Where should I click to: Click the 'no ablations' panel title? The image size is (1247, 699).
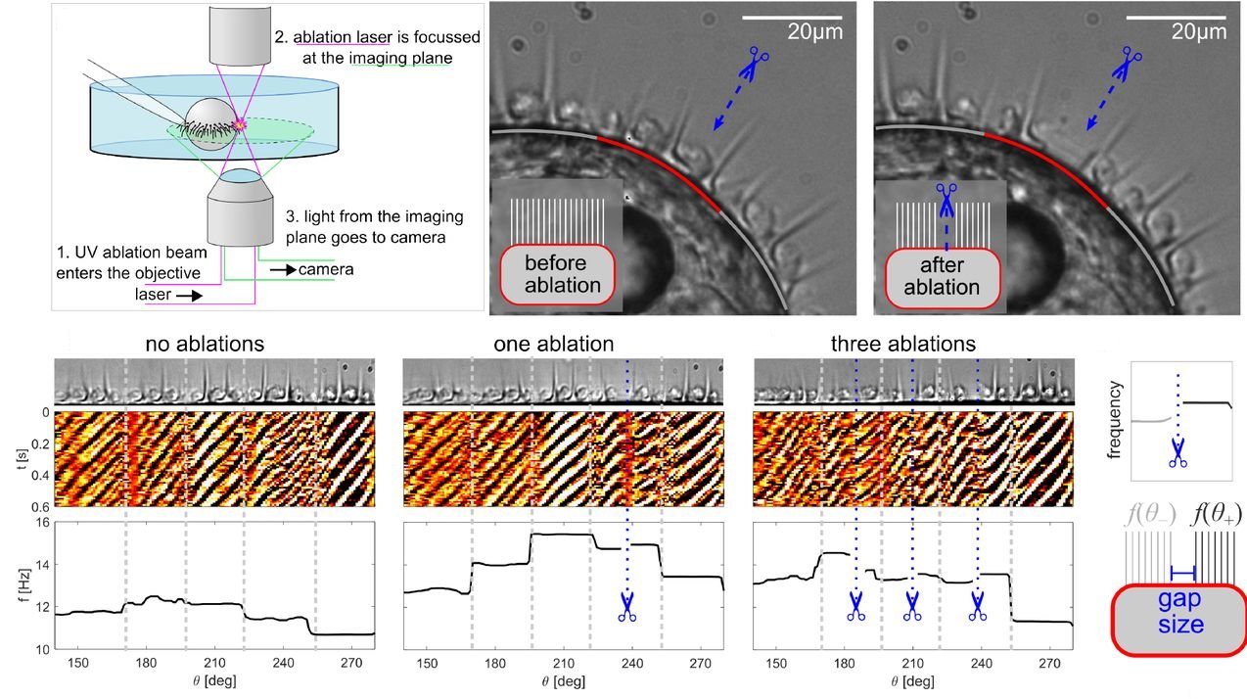click(x=205, y=345)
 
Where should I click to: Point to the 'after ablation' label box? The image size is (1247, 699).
click(x=942, y=276)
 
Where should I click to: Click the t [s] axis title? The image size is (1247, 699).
click(x=22, y=460)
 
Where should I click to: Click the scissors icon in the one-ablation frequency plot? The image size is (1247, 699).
click(x=627, y=607)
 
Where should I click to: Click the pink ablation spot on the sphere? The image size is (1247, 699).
click(x=238, y=124)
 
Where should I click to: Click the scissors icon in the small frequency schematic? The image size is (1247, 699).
click(x=1178, y=452)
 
